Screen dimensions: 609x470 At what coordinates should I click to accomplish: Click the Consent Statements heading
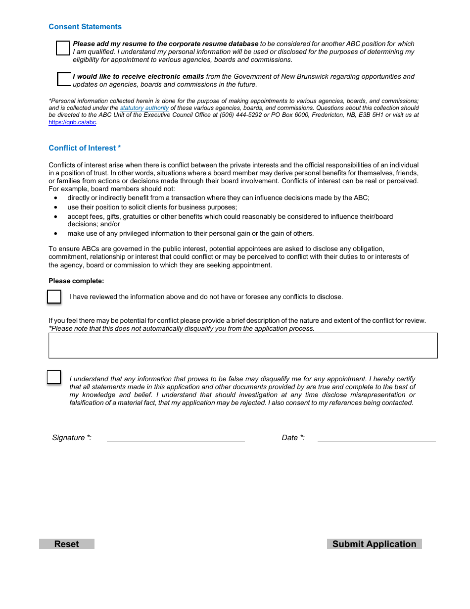[x=85, y=27]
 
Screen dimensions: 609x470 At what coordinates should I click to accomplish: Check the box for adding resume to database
[x=63, y=48]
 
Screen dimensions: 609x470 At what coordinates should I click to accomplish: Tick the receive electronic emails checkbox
[x=64, y=79]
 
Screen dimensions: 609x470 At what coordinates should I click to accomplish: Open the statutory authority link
[x=144, y=108]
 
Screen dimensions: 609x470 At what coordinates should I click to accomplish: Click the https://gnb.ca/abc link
[x=72, y=122]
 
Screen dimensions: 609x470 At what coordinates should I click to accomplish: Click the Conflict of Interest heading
[x=85, y=148]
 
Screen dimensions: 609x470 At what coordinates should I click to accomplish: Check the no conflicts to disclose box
[x=54, y=297]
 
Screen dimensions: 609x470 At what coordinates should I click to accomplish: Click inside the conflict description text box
[x=243, y=345]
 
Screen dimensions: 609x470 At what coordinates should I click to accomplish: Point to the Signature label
[x=72, y=438]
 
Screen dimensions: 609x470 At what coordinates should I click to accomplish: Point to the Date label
[x=293, y=438]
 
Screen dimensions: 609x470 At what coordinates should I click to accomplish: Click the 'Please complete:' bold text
[x=76, y=281]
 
